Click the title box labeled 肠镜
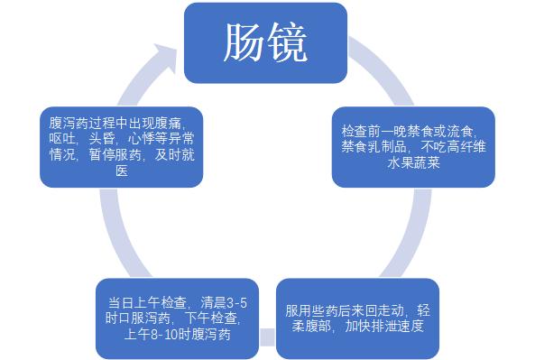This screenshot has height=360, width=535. [266, 42]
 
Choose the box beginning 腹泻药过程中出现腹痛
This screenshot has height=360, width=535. [121, 145]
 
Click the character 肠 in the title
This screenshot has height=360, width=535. [244, 42]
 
